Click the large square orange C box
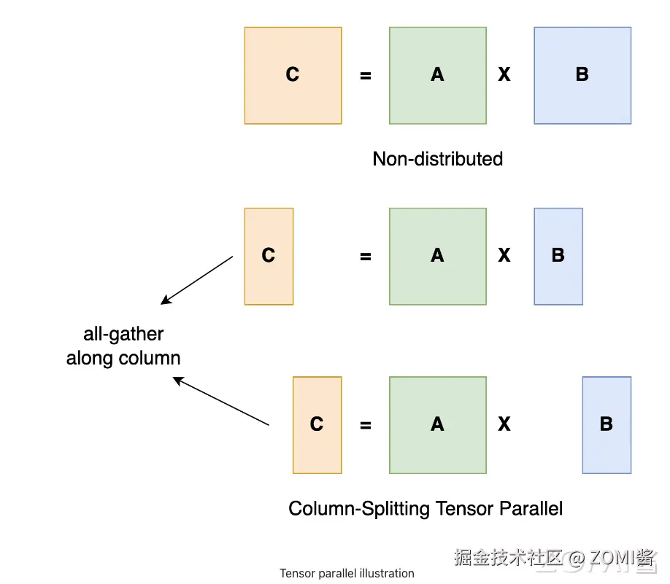pos(293,75)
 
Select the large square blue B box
pos(582,75)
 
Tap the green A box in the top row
pos(437,75)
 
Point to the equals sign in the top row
pos(366,75)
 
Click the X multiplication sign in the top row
pos(504,74)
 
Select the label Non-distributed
pos(437,159)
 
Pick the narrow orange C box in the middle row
pos(269,256)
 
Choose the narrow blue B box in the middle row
pos(558,256)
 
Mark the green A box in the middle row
pos(437,256)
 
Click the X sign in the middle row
pos(504,256)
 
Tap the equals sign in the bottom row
pos(366,426)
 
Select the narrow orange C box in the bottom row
pos(317,425)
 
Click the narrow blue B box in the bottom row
pos(607,425)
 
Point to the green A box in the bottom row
pos(437,425)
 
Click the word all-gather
pos(123,335)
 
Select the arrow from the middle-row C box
pos(196,280)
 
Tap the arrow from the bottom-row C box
pos(220,401)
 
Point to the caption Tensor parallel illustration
pos(347,574)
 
